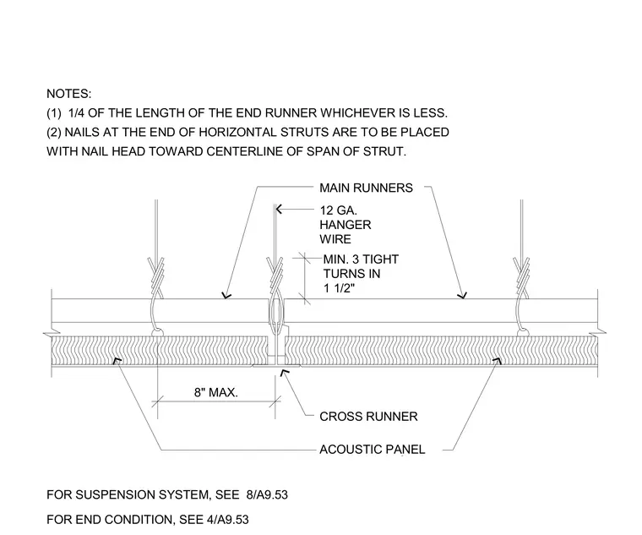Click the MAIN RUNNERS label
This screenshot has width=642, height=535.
point(366,188)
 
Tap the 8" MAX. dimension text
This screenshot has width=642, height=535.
point(215,392)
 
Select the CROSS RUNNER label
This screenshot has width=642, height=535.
point(368,417)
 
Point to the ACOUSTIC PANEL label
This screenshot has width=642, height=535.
point(373,450)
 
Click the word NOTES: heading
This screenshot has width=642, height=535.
point(68,94)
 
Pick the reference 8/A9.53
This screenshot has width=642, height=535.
point(267,495)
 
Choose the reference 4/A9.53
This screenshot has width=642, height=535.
point(227,520)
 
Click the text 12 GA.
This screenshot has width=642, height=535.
point(338,210)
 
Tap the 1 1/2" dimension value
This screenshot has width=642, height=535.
point(339,288)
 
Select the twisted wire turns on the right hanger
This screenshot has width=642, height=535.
point(522,272)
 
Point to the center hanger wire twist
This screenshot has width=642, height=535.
point(275,274)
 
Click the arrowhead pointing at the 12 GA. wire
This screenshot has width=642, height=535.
point(280,210)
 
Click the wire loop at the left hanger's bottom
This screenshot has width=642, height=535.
point(158,333)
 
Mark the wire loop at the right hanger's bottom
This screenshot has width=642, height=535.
point(523,333)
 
